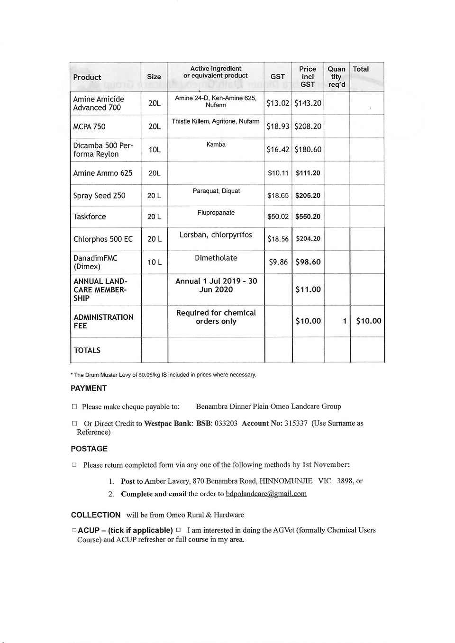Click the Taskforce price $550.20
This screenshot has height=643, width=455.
tap(308, 217)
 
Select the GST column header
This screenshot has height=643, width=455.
tap(278, 77)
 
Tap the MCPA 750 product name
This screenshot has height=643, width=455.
tap(90, 127)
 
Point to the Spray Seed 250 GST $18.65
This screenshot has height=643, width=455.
tap(278, 196)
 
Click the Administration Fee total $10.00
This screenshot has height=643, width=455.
tap(368, 321)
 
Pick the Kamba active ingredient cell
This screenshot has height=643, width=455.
tap(216, 145)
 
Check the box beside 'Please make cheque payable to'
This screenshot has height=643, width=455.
tap(74, 407)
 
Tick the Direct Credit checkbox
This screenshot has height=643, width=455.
tap(74, 423)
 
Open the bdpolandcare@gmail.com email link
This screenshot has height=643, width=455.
tap(266, 494)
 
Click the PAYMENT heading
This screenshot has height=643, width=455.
tap(89, 388)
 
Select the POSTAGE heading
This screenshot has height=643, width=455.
tap(89, 449)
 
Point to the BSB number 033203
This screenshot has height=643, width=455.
tap(226, 423)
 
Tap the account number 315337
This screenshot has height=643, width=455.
tap(296, 423)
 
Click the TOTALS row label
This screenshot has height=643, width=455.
tap(87, 350)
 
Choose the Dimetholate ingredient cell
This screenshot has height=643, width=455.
tap(216, 258)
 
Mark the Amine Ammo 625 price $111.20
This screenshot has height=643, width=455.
tap(308, 173)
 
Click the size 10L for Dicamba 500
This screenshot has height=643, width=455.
tap(155, 150)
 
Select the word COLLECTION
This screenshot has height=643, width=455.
tap(96, 515)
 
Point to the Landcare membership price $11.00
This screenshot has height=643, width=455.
tap(308, 290)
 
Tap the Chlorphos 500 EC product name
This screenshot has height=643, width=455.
tap(103, 239)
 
